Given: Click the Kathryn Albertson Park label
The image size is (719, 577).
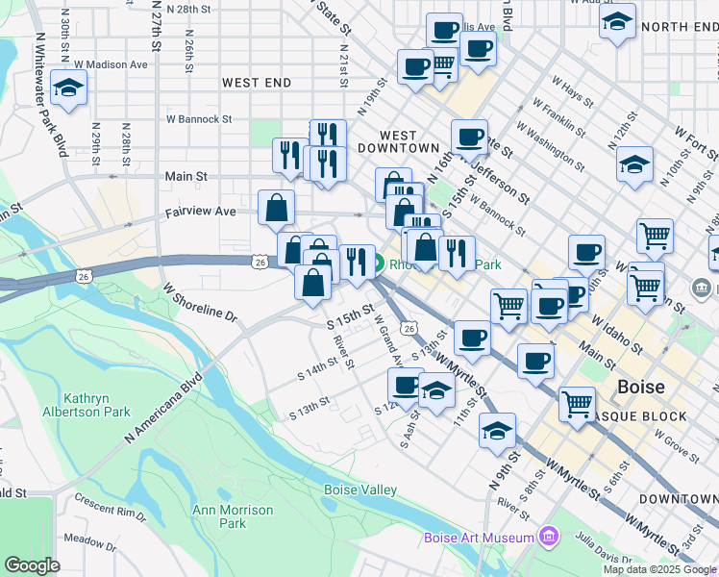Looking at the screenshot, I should pos(97,405).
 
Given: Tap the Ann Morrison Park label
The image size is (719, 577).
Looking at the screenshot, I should pos(219,517).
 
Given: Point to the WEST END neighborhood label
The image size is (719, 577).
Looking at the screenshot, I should pos(257,84).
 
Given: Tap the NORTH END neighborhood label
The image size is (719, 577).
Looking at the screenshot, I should pos(679,27).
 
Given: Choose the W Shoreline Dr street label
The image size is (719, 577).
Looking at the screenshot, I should pos(199,301).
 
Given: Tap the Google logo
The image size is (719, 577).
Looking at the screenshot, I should pos(32,565).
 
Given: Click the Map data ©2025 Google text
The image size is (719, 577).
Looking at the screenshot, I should pos(658,569).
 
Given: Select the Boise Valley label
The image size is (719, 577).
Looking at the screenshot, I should pos(360,490).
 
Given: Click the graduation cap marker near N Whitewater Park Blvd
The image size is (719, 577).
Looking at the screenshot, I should pos(69,89).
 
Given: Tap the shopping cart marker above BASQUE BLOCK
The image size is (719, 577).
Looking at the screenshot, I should pos(577,403).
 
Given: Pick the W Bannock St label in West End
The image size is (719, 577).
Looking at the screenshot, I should pos(199,120).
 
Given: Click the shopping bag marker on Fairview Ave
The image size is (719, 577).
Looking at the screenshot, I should pos(277,208).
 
